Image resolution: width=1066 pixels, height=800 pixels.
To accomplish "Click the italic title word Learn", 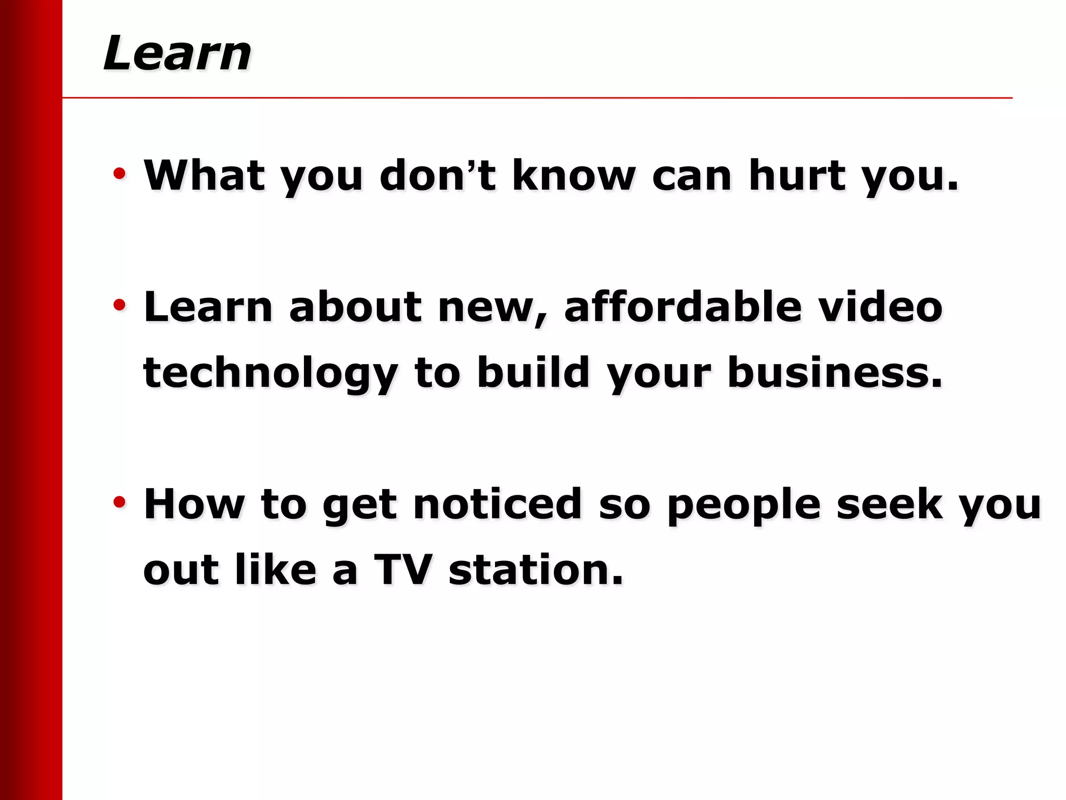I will [x=177, y=53].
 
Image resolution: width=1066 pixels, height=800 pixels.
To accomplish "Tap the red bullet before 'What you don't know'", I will [x=119, y=173].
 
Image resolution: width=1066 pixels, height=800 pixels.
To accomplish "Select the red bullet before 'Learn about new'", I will [x=119, y=305].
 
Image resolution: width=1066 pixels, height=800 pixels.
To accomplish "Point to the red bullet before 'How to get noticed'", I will [x=119, y=502].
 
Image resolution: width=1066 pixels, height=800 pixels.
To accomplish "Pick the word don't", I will [x=438, y=176].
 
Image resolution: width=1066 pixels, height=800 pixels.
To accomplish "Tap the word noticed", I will [x=498, y=504].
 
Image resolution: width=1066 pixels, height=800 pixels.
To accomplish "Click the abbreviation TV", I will [x=403, y=570].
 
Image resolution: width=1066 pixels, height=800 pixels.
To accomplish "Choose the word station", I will [x=536, y=570].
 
